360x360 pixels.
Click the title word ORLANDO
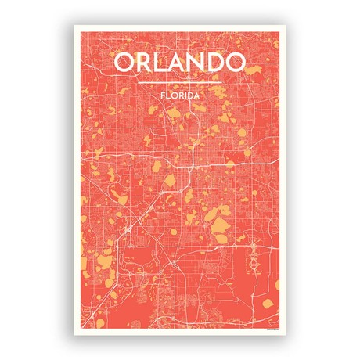pos(179,62)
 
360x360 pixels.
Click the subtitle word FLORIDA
pos(179,95)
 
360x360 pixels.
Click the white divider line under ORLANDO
pos(179,82)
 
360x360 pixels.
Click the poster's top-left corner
pos(75,26)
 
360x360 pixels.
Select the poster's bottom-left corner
pos(75,334)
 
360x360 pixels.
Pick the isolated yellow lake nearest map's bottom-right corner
pos(268,301)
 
